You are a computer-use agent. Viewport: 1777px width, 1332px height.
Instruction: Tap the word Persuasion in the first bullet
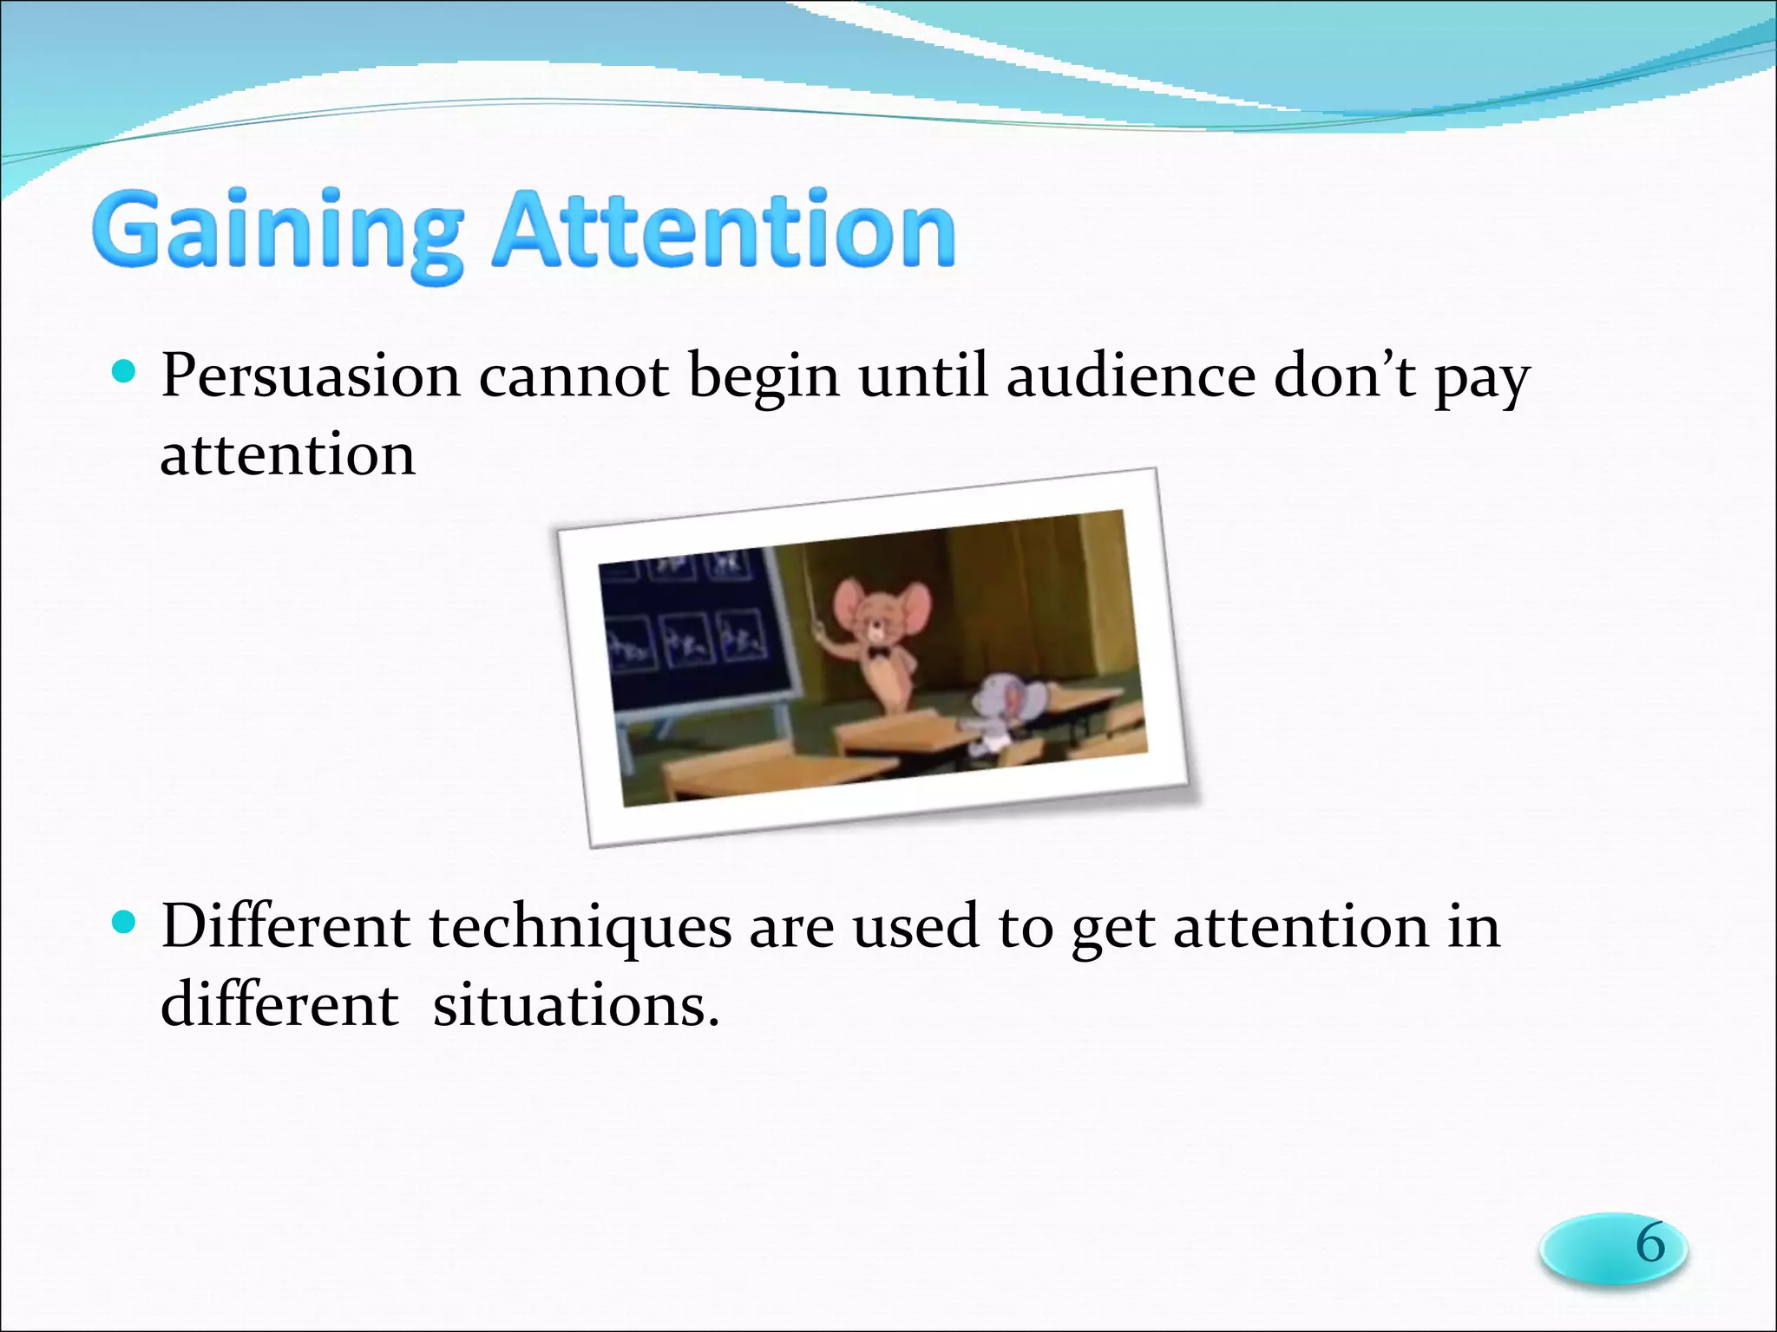[x=310, y=377]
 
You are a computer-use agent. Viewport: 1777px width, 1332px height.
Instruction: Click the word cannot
[x=574, y=377]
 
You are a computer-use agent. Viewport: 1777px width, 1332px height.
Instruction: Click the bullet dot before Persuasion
[x=125, y=373]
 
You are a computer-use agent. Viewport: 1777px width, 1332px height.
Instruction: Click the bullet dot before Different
[x=125, y=922]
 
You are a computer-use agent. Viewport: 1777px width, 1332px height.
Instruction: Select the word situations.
[x=575, y=1006]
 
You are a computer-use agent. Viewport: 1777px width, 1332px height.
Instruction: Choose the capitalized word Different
[x=285, y=926]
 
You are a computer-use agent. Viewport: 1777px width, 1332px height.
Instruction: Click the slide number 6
[x=1649, y=1244]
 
